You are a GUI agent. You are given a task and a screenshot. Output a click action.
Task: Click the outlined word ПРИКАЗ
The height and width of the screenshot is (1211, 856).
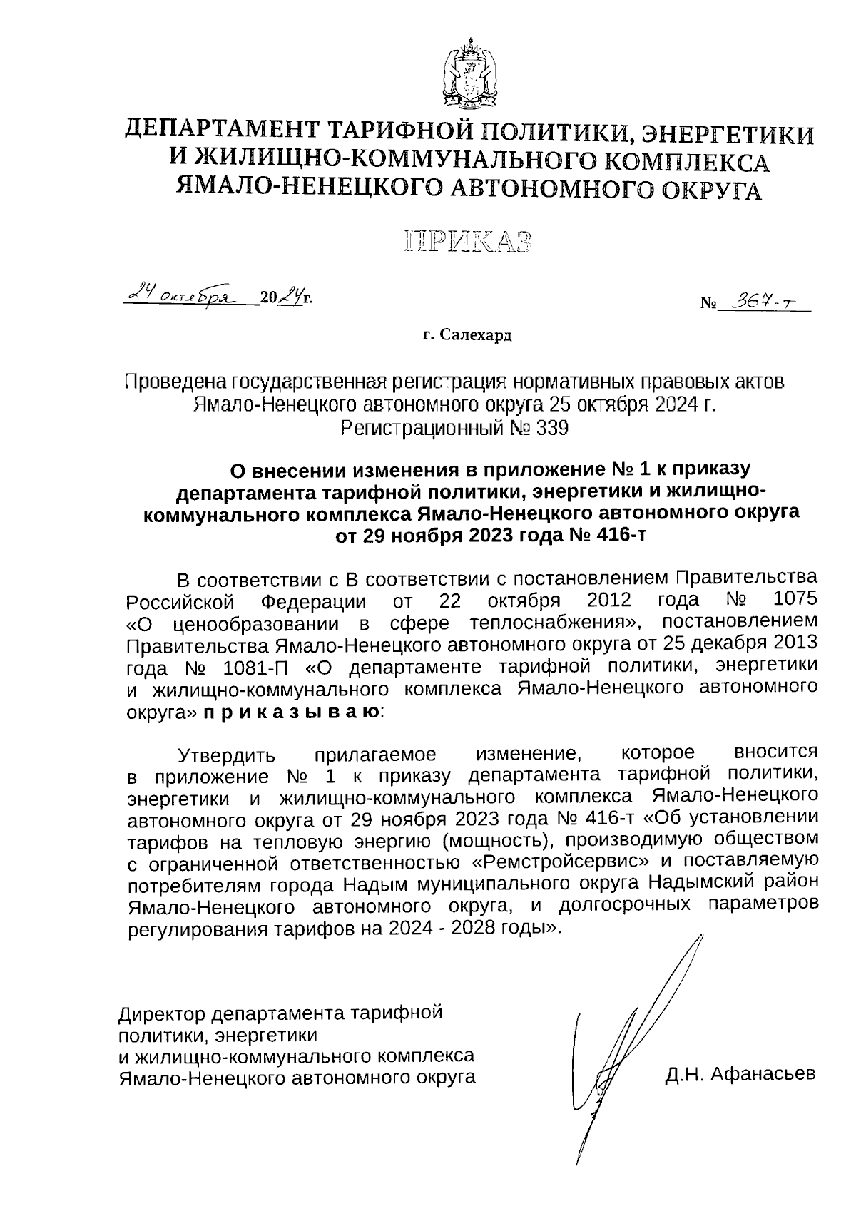click(x=469, y=243)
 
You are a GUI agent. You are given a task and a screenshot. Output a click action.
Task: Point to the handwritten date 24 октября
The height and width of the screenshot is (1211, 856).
click(x=187, y=293)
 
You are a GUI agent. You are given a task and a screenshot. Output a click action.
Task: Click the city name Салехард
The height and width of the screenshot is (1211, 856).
click(x=476, y=335)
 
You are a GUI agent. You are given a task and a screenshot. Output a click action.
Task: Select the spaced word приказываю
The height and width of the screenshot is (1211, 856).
click(x=291, y=711)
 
